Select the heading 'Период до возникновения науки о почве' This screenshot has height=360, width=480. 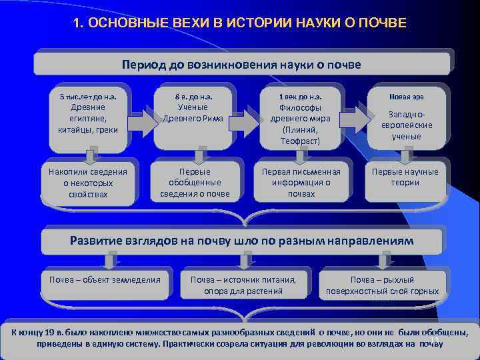click(x=241, y=65)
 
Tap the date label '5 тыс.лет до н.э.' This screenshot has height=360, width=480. click(x=88, y=97)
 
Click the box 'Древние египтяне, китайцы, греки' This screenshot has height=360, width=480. click(x=87, y=118)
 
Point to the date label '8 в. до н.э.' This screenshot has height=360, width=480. click(x=193, y=97)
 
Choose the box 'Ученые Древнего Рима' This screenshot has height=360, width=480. click(x=193, y=113)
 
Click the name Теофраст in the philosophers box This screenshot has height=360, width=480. click(x=301, y=141)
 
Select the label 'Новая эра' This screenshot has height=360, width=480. click(x=406, y=97)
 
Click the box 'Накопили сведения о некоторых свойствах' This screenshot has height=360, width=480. click(x=87, y=183)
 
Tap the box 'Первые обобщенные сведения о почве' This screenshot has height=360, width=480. click(x=194, y=183)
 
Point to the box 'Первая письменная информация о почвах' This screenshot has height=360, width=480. click(x=301, y=183)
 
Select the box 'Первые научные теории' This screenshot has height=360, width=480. click(x=405, y=177)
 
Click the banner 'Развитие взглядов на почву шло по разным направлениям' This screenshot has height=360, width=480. click(x=241, y=240)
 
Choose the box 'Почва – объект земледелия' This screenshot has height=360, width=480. click(x=105, y=279)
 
